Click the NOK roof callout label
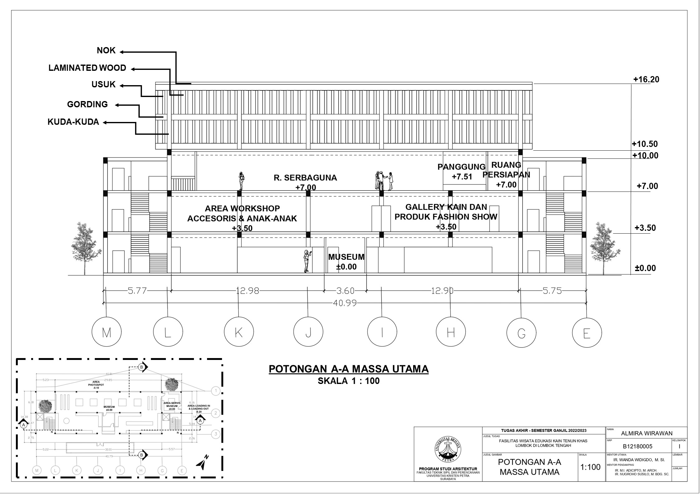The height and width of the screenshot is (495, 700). coord(106,51)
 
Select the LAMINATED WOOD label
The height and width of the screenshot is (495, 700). coord(87,68)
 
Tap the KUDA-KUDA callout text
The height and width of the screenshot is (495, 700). coord(73,122)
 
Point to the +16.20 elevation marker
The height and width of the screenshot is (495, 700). coord(646,80)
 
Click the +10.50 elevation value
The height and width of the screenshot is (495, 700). coord(644,144)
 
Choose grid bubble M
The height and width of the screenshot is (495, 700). coord(107,333)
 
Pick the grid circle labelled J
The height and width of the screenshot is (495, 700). coord(308,333)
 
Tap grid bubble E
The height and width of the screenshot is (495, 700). coord(587,333)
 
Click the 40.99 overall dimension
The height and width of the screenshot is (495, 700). coord(345,303)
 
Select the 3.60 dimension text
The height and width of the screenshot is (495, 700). coord(345,291)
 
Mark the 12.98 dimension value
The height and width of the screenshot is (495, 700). coord(247,291)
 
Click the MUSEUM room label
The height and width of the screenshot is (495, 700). coord(346,257)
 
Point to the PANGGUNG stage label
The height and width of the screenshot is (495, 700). coord(461,167)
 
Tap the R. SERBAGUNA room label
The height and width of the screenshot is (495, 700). coord(305,178)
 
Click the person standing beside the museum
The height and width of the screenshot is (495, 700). coord(307,261)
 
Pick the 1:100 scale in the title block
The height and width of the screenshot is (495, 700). coord(590,467)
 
